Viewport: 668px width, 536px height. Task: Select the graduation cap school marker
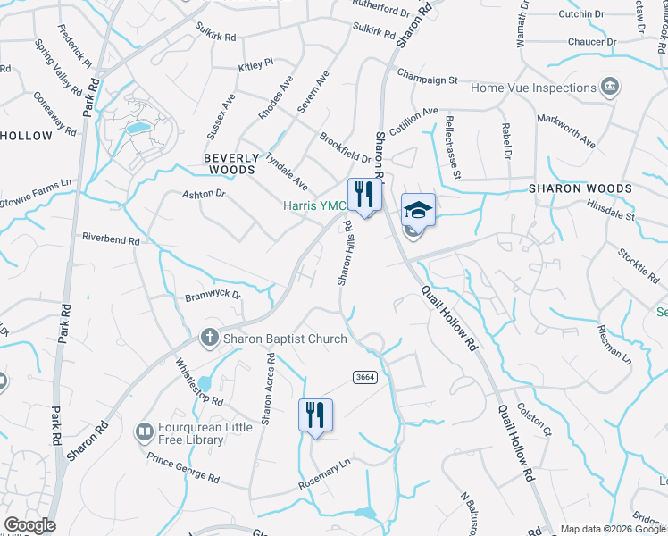coord(418,210)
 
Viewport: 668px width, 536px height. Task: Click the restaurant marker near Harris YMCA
coord(364,194)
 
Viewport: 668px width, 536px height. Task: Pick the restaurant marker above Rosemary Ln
coord(315,415)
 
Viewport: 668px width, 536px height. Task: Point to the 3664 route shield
coord(364,377)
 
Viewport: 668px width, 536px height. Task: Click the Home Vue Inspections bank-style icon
coord(611,88)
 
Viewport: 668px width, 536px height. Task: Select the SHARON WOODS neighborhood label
coord(580,188)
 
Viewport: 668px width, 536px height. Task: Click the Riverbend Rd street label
coord(111,239)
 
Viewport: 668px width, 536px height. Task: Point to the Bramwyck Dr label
coord(213,296)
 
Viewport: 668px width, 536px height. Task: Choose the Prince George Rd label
coord(183,468)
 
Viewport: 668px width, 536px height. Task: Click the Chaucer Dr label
coord(598,41)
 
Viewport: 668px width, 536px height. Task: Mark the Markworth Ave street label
coord(566,130)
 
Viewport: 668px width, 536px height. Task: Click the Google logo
coord(29,525)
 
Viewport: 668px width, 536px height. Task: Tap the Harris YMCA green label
coord(314,205)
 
